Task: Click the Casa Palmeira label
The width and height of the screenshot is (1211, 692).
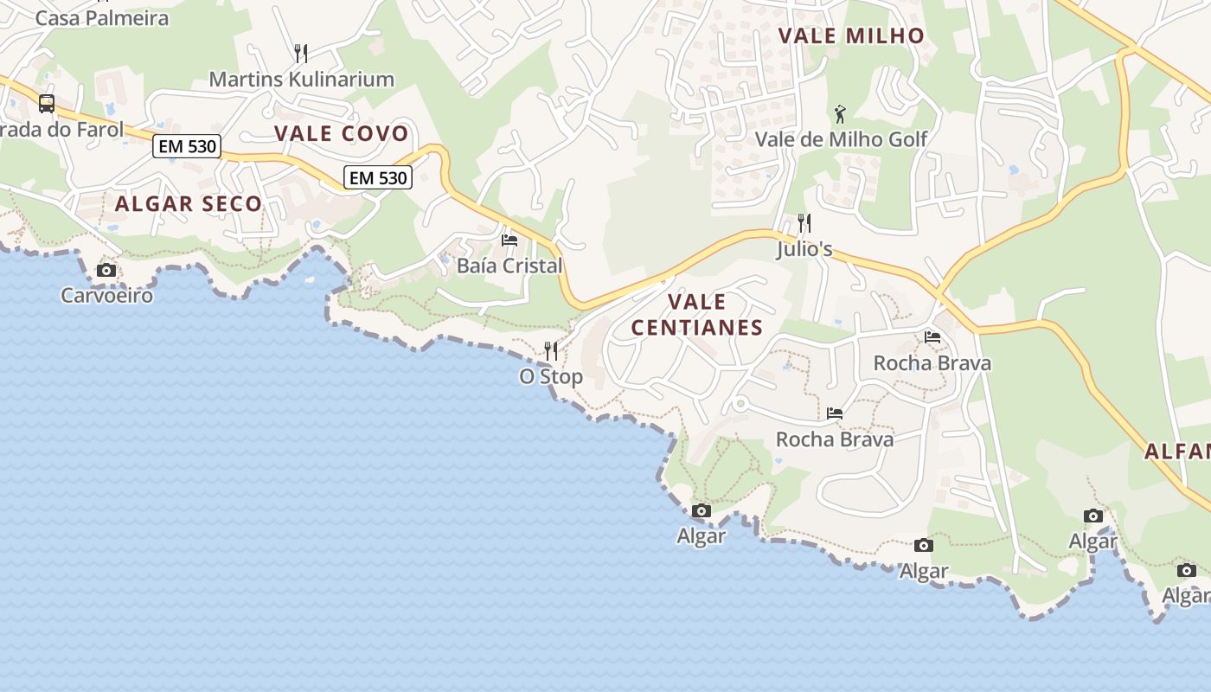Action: pyautogui.click(x=102, y=17)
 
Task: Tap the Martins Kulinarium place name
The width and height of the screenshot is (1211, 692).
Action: pyautogui.click(x=301, y=80)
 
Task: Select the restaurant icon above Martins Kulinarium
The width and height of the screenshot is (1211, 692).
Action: pyautogui.click(x=301, y=54)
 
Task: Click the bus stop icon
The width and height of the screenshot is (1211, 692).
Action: pyautogui.click(x=47, y=104)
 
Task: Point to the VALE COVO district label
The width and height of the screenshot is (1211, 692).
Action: pyautogui.click(x=341, y=133)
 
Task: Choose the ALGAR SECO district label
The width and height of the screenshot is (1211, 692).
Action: pyautogui.click(x=188, y=204)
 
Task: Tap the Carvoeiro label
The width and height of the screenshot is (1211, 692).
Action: pyautogui.click(x=106, y=296)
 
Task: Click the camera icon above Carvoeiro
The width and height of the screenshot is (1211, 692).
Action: pyautogui.click(x=106, y=271)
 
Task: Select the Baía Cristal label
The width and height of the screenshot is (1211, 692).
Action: pyautogui.click(x=509, y=266)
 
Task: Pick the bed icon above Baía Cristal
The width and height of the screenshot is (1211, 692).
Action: pyautogui.click(x=509, y=240)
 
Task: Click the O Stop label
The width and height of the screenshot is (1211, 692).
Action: pyautogui.click(x=551, y=377)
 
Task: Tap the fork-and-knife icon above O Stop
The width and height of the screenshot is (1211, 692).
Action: pyautogui.click(x=551, y=351)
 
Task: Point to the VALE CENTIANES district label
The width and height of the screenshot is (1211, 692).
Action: pyautogui.click(x=697, y=315)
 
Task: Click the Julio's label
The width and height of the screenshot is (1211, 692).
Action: pyautogui.click(x=804, y=249)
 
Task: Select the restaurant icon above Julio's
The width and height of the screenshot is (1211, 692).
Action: pyautogui.click(x=804, y=223)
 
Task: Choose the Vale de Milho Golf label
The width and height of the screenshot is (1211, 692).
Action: pyautogui.click(x=841, y=139)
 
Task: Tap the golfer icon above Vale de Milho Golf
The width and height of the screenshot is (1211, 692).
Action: pyautogui.click(x=840, y=113)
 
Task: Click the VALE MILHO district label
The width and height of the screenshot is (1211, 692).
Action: pyautogui.click(x=851, y=35)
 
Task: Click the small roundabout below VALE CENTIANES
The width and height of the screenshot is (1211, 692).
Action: pyautogui.click(x=739, y=404)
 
